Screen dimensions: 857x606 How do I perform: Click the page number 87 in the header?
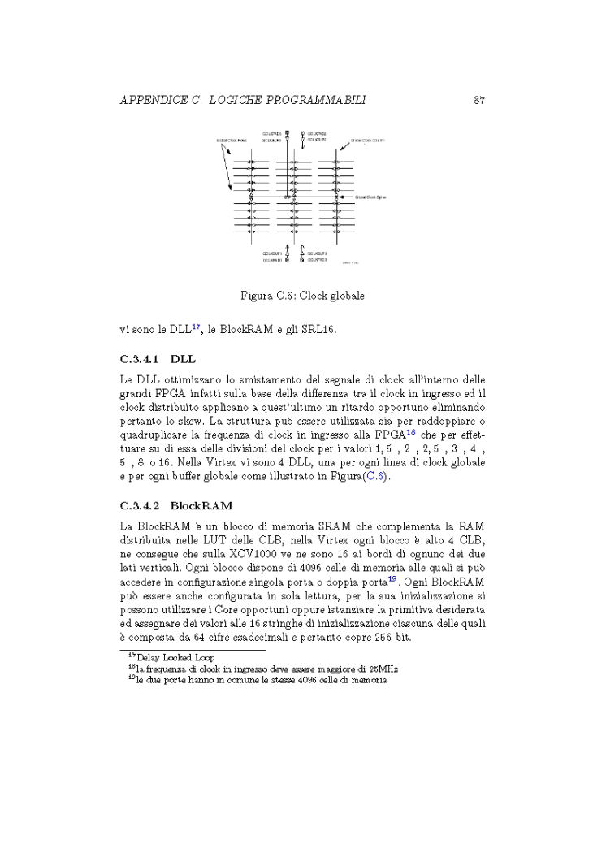point(478,100)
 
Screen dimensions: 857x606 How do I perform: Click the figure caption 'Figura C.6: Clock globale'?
point(302,296)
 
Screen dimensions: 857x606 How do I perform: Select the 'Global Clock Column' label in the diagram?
point(367,140)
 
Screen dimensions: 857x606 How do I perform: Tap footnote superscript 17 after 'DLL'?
point(196,327)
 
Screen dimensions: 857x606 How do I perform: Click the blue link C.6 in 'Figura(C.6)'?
point(375,476)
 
